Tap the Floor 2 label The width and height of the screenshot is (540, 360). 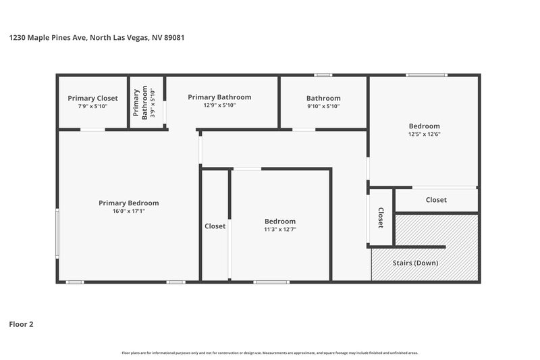[20, 324]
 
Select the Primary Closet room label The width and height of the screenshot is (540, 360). [92, 98]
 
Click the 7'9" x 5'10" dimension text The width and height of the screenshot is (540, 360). [92, 106]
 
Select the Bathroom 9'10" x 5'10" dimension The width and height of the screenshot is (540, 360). [323, 106]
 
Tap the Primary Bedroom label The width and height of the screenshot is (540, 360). [128, 203]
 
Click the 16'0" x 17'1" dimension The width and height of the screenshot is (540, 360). [128, 211]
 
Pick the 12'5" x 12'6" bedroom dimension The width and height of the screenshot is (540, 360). [424, 134]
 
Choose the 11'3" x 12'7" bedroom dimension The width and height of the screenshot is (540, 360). [279, 230]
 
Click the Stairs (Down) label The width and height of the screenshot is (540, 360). [415, 262]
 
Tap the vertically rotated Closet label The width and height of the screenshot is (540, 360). [381, 217]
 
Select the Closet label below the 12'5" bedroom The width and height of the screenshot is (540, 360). [436, 200]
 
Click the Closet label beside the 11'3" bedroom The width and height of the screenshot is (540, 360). [215, 226]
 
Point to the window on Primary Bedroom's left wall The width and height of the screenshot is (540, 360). [57, 234]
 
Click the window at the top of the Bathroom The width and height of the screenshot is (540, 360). [323, 75]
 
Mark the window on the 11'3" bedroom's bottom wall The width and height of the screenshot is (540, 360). [267, 282]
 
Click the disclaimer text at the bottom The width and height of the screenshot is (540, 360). [270, 353]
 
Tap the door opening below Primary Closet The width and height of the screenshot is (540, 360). [92, 129]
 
